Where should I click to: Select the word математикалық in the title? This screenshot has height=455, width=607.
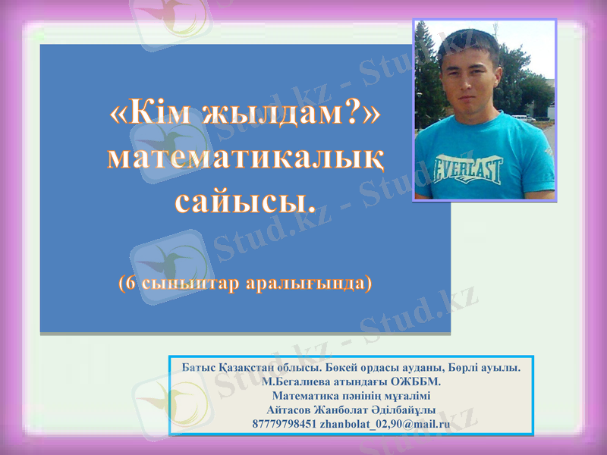click(x=244, y=157)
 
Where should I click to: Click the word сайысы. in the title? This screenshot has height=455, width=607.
click(x=244, y=200)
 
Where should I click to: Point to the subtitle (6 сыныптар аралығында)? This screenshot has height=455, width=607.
click(x=244, y=283)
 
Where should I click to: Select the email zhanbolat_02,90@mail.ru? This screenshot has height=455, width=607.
click(x=385, y=424)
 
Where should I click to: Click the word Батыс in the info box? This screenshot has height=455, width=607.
click(x=199, y=368)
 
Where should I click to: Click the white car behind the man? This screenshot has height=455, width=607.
click(x=524, y=118)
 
